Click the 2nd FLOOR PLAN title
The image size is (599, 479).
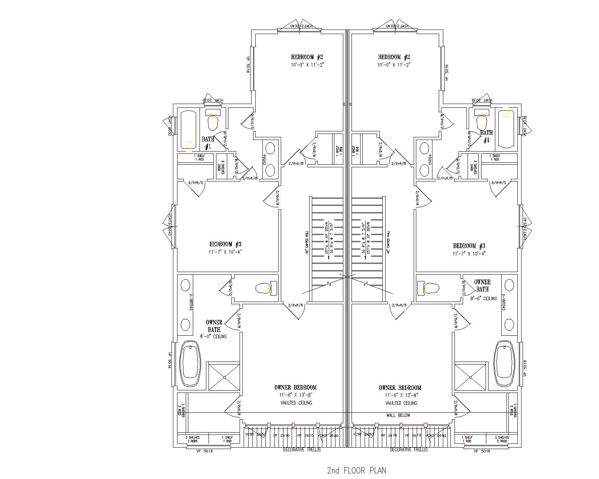[356, 470]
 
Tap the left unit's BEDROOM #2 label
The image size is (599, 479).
[307, 57]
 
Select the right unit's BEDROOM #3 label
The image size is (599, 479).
[469, 246]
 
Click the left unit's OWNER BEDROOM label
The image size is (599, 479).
[295, 388]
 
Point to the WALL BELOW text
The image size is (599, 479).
[398, 415]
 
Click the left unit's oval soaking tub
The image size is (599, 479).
[191, 364]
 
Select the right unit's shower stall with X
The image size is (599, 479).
[471, 376]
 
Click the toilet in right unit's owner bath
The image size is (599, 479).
[428, 288]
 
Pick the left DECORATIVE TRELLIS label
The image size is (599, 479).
[302, 449]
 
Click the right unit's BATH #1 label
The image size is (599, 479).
[486, 136]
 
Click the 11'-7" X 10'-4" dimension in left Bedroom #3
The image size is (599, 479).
[225, 252]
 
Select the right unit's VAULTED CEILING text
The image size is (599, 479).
[401, 403]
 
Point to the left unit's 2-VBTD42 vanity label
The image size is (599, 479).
[191, 302]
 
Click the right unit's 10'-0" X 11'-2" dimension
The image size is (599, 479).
[394, 65]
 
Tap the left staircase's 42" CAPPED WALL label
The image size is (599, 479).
[307, 242]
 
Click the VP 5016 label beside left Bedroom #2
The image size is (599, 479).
[248, 64]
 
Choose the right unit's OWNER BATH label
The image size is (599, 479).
[482, 286]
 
